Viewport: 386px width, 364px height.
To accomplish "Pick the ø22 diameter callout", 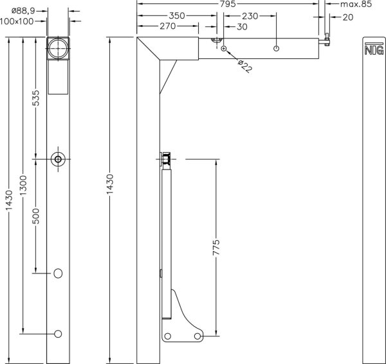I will click(244, 65).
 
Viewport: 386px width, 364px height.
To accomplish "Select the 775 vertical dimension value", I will click(216, 247).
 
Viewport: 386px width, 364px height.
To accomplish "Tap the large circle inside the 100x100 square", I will click(59, 48).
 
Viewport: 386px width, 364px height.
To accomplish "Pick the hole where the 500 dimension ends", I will click(59, 273).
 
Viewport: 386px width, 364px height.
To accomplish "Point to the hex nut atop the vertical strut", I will click(167, 158).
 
